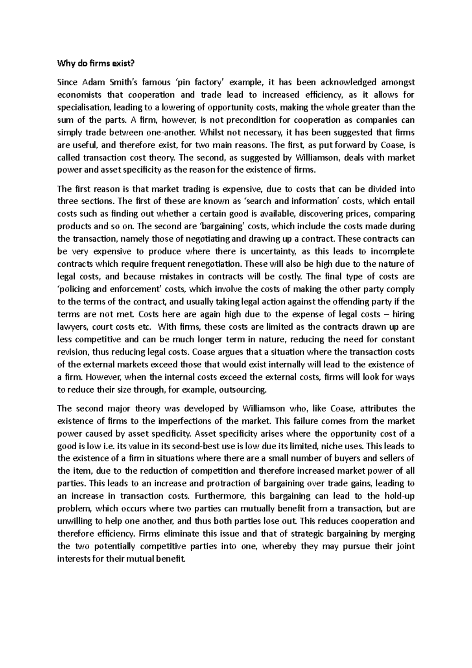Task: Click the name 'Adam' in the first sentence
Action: coord(93,82)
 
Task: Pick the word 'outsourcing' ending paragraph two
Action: coord(242,390)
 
